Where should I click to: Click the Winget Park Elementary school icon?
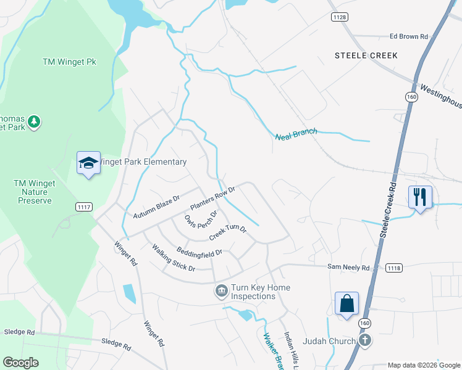pyautogui.click(x=88, y=163)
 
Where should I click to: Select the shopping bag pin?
pyautogui.click(x=346, y=303)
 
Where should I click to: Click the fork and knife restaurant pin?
pyautogui.click(x=420, y=197)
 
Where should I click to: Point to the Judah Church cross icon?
pyautogui.click(x=365, y=340)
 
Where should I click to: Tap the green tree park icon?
pyautogui.click(x=35, y=121)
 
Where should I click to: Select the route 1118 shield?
pyautogui.click(x=393, y=268)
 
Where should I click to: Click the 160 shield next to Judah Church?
pyautogui.click(x=364, y=323)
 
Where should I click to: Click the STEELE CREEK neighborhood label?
pyautogui.click(x=366, y=55)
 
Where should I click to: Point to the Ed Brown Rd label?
pyautogui.click(x=408, y=37)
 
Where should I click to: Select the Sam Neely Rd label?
pyautogui.click(x=348, y=268)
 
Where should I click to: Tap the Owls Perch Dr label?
pyautogui.click(x=201, y=220)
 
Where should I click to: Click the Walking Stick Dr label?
pyautogui.click(x=174, y=258)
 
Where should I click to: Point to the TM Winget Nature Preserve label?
pyautogui.click(x=35, y=192)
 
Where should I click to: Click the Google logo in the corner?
pyautogui.click(x=21, y=363)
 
